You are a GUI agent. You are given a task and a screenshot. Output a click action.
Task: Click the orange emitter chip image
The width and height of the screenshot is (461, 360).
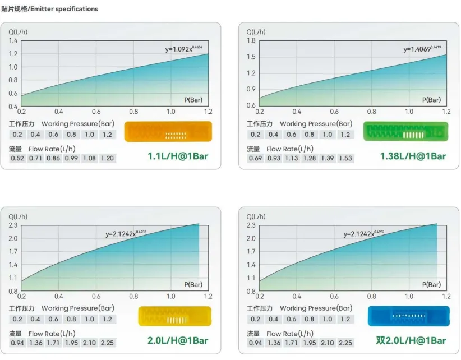click(x=168, y=132)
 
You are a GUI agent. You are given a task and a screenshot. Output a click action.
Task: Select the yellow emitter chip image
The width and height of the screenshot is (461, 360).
click(x=174, y=316)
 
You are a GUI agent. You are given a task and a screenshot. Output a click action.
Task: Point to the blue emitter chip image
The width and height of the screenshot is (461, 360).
click(x=409, y=316)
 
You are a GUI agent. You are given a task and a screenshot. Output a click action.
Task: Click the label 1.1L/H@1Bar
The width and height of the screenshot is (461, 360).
click(x=178, y=156)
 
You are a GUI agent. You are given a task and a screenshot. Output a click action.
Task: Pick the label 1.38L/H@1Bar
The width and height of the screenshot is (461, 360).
click(x=413, y=156)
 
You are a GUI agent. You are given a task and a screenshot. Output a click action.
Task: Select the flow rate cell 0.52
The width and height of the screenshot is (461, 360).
click(x=17, y=158)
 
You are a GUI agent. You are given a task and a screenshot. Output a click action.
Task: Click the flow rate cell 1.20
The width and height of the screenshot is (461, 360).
click(x=107, y=158)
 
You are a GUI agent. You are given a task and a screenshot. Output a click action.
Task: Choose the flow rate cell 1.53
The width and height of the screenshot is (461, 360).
click(x=345, y=158)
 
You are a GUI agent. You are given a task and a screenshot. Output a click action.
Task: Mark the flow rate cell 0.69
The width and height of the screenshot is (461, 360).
click(x=256, y=158)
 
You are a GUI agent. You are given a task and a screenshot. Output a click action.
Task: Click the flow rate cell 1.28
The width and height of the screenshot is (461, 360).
click(x=310, y=158)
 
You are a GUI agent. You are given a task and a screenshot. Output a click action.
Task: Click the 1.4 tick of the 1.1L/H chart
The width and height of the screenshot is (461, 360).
click(x=13, y=41)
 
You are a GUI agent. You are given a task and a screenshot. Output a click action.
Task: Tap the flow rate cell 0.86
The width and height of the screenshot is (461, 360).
click(x=53, y=158)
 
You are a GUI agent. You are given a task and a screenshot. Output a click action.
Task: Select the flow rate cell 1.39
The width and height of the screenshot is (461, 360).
click(x=328, y=158)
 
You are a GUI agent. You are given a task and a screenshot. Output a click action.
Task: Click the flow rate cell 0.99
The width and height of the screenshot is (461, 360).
click(x=71, y=158)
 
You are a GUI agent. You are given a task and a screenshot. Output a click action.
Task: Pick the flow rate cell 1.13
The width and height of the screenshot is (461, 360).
click(x=292, y=158)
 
